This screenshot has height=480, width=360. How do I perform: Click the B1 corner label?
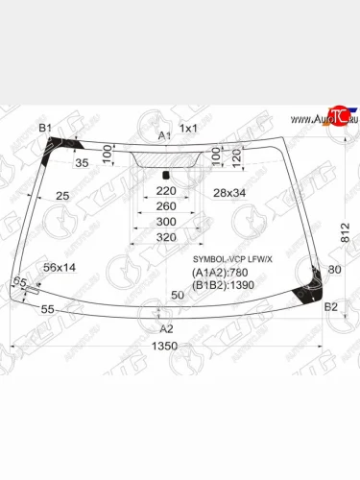[x=45, y=128]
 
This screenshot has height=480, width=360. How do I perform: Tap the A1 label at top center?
[x=164, y=135]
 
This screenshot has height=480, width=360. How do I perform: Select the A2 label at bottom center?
[x=166, y=327]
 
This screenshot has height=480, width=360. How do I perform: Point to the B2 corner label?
[x=330, y=306]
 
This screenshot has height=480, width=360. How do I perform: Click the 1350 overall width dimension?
[x=168, y=346]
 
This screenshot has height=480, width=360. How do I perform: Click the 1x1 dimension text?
[x=188, y=129]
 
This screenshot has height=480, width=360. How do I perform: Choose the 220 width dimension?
[x=166, y=191]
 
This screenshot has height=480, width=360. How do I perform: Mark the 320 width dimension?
[x=166, y=236]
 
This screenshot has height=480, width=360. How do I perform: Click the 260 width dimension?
[x=166, y=206]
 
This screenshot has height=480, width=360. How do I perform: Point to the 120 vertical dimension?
[x=235, y=155]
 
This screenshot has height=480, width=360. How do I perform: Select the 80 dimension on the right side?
[x=334, y=270]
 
